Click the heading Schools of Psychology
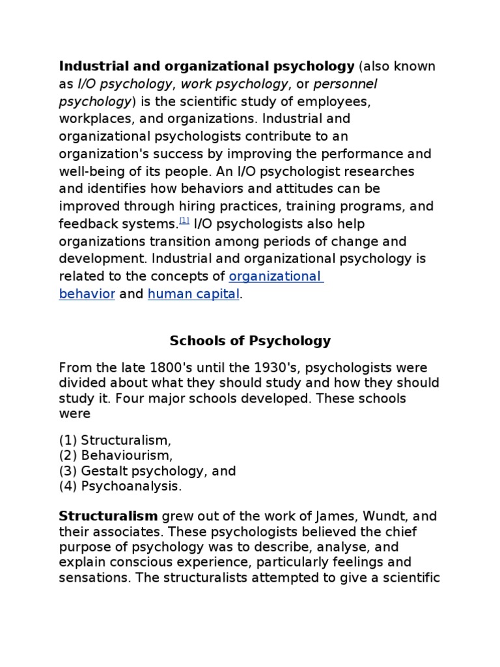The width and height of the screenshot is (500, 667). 250,341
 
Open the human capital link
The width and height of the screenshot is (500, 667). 194,294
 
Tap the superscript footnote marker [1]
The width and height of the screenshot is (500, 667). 184,220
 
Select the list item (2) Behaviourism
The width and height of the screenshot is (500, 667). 116,455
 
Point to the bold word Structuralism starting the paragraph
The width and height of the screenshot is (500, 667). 108,517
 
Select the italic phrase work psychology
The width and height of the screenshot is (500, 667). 234,84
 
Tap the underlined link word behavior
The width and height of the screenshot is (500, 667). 87,294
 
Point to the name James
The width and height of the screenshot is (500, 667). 319,517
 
